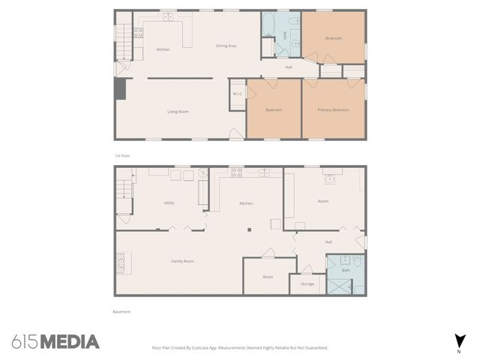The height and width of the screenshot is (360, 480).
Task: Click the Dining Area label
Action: click(226, 46)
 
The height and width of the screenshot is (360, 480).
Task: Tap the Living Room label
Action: click(178, 112)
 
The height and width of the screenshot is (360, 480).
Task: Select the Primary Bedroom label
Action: click(333, 110)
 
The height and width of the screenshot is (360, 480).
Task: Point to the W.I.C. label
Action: click(237, 94)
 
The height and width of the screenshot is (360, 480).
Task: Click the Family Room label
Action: click(182, 261)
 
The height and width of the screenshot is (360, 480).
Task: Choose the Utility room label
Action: click(169, 203)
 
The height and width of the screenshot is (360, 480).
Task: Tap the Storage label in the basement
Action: click(307, 284)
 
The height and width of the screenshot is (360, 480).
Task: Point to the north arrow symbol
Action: click(458, 340)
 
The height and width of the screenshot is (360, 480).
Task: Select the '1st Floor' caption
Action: click(121, 155)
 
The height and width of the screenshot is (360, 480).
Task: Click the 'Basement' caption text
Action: click(121, 311)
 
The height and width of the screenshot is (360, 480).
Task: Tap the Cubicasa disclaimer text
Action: click(239, 348)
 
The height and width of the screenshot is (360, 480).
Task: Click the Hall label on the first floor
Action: click(289, 67)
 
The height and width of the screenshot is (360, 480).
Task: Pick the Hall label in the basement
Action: click(328, 241)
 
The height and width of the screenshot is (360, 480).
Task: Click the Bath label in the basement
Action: click(346, 270)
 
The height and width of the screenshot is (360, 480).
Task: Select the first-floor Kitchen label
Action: click(163, 49)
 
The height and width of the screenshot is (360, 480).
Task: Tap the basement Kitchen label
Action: click(246, 203)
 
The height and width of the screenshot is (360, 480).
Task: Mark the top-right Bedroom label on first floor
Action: click(333, 38)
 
